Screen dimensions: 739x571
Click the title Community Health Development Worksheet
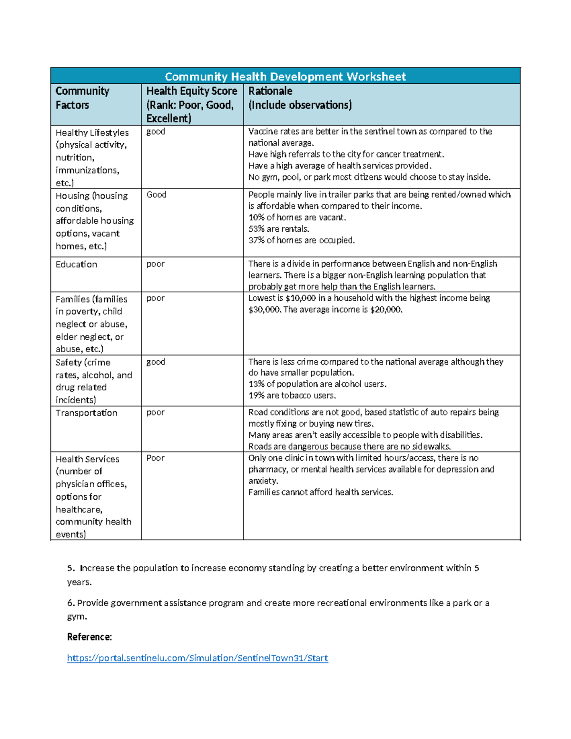click(x=285, y=77)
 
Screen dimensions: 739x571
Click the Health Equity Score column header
click(x=192, y=104)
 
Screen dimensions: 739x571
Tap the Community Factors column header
click(x=82, y=98)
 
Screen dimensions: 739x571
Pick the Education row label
click(x=76, y=264)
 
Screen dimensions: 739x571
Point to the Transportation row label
click(x=86, y=413)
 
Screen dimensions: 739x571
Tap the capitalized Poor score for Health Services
click(x=155, y=458)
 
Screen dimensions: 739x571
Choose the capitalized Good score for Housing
click(x=156, y=194)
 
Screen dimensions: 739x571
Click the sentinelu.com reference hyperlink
click(x=197, y=658)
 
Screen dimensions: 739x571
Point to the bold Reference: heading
click(x=89, y=637)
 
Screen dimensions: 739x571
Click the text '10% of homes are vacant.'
click(x=297, y=217)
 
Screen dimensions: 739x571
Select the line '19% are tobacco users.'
click(x=292, y=395)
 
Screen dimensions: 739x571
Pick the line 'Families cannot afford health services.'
click(x=321, y=492)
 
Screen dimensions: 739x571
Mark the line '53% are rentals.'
click(x=278, y=229)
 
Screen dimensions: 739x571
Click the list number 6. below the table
click(x=71, y=603)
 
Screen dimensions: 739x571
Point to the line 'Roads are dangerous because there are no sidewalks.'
click(x=350, y=446)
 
